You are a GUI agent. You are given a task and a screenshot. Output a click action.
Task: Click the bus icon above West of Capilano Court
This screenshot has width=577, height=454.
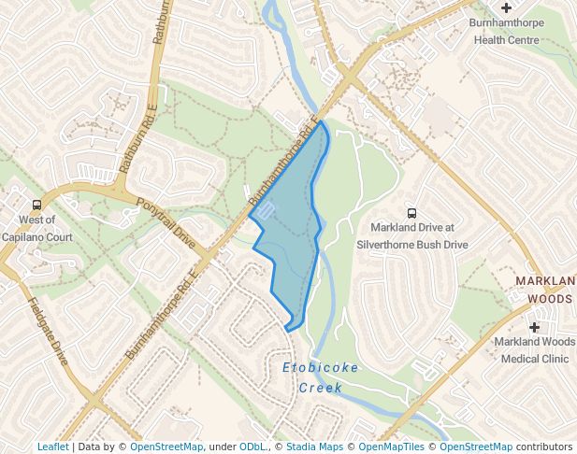(37, 205)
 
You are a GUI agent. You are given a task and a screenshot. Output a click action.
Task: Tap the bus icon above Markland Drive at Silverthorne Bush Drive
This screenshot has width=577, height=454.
(411, 213)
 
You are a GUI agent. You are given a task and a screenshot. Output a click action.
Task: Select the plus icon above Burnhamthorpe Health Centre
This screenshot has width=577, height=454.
(506, 7)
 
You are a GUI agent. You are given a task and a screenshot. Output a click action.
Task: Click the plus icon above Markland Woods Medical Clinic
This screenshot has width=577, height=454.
(535, 327)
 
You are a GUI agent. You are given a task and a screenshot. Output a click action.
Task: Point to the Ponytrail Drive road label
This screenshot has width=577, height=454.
(166, 222)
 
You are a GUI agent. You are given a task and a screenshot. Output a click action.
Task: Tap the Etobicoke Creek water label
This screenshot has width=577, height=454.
(320, 376)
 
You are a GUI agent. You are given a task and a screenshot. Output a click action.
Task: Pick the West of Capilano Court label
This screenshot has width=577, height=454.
(37, 229)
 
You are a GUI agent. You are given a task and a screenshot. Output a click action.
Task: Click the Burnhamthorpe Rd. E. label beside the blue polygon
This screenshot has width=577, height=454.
(281, 164)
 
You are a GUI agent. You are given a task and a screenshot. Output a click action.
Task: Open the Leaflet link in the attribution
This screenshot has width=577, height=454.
(52, 447)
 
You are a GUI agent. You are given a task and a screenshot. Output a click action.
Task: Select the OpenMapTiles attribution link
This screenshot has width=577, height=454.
(392, 447)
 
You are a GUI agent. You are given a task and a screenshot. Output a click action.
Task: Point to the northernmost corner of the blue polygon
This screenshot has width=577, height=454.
(321, 121)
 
